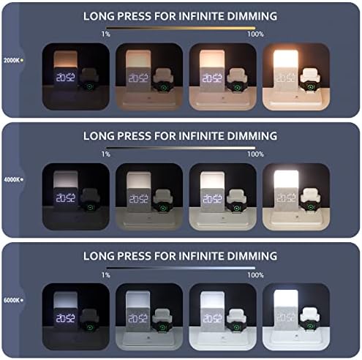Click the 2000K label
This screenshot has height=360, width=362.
click(x=12, y=60)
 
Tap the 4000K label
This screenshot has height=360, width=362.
click(x=12, y=180)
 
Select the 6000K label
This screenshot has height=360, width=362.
click(x=12, y=300)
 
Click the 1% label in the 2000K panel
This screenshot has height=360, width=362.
click(x=106, y=34)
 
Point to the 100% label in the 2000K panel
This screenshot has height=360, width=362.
click(x=255, y=34)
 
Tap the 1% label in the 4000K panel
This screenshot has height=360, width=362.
click(x=106, y=154)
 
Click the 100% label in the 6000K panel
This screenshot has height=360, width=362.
click(x=255, y=275)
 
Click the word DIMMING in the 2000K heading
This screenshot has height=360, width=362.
click(x=252, y=16)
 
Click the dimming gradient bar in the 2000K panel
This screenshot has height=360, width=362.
click(x=181, y=28)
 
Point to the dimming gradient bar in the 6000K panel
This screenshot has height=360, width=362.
click(x=181, y=268)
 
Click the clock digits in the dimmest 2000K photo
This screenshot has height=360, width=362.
click(x=66, y=78)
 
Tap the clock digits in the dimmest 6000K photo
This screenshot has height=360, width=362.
click(x=66, y=318)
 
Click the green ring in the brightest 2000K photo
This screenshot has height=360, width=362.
click(x=310, y=87)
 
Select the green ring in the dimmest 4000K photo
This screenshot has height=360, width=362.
click(x=91, y=208)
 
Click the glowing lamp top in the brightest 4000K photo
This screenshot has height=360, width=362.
click(x=286, y=179)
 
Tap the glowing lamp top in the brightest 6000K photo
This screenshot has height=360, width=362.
click(x=286, y=299)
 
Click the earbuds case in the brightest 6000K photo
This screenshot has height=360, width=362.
click(x=309, y=314)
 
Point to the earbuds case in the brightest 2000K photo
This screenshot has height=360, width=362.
click(x=310, y=75)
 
